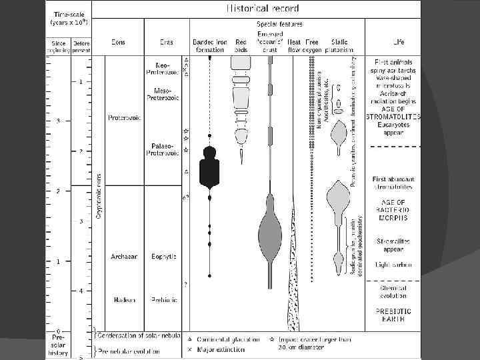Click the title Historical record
click(x=256, y=9)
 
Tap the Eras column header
click(x=166, y=42)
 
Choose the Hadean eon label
click(x=123, y=299)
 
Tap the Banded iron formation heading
click(x=209, y=45)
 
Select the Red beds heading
click(x=241, y=45)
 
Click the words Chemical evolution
click(x=394, y=291)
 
